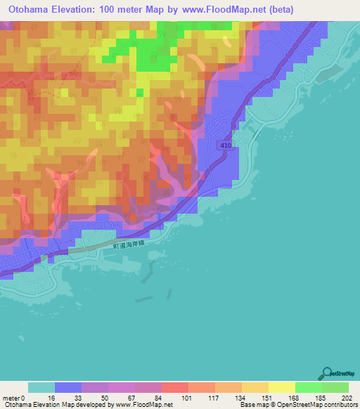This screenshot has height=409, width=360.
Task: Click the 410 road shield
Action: pos(224,144)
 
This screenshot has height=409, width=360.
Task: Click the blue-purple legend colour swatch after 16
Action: pos(68,387)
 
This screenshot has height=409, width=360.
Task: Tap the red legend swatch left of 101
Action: pos(175,387)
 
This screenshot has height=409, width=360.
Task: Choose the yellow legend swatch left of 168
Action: pos(282,387)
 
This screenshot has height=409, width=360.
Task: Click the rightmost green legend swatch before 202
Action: pos(335,387)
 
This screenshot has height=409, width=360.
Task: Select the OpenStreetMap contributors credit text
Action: pos(320,405)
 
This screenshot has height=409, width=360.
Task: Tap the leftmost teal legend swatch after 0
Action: pos(41,387)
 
